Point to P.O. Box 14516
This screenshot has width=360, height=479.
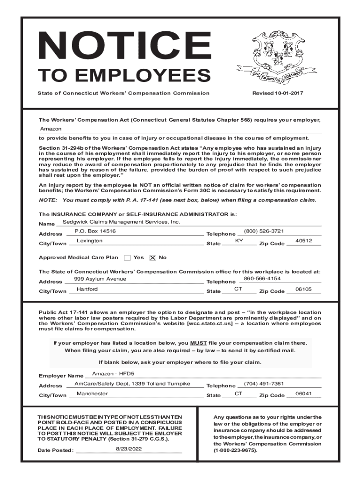[95, 232]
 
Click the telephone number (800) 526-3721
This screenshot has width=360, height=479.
[264, 232]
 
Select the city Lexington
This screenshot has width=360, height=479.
[89, 241]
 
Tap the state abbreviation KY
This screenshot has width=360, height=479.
[239, 241]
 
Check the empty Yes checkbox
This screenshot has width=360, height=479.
[127, 258]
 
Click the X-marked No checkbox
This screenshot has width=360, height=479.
[152, 258]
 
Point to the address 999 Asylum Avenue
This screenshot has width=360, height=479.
[100, 279]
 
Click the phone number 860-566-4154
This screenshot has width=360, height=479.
[262, 279]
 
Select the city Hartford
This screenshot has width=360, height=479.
[87, 290]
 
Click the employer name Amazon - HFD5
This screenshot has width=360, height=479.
[113, 374]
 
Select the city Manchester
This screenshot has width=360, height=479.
[92, 394]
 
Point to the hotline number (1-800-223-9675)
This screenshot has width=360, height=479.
[235, 450]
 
